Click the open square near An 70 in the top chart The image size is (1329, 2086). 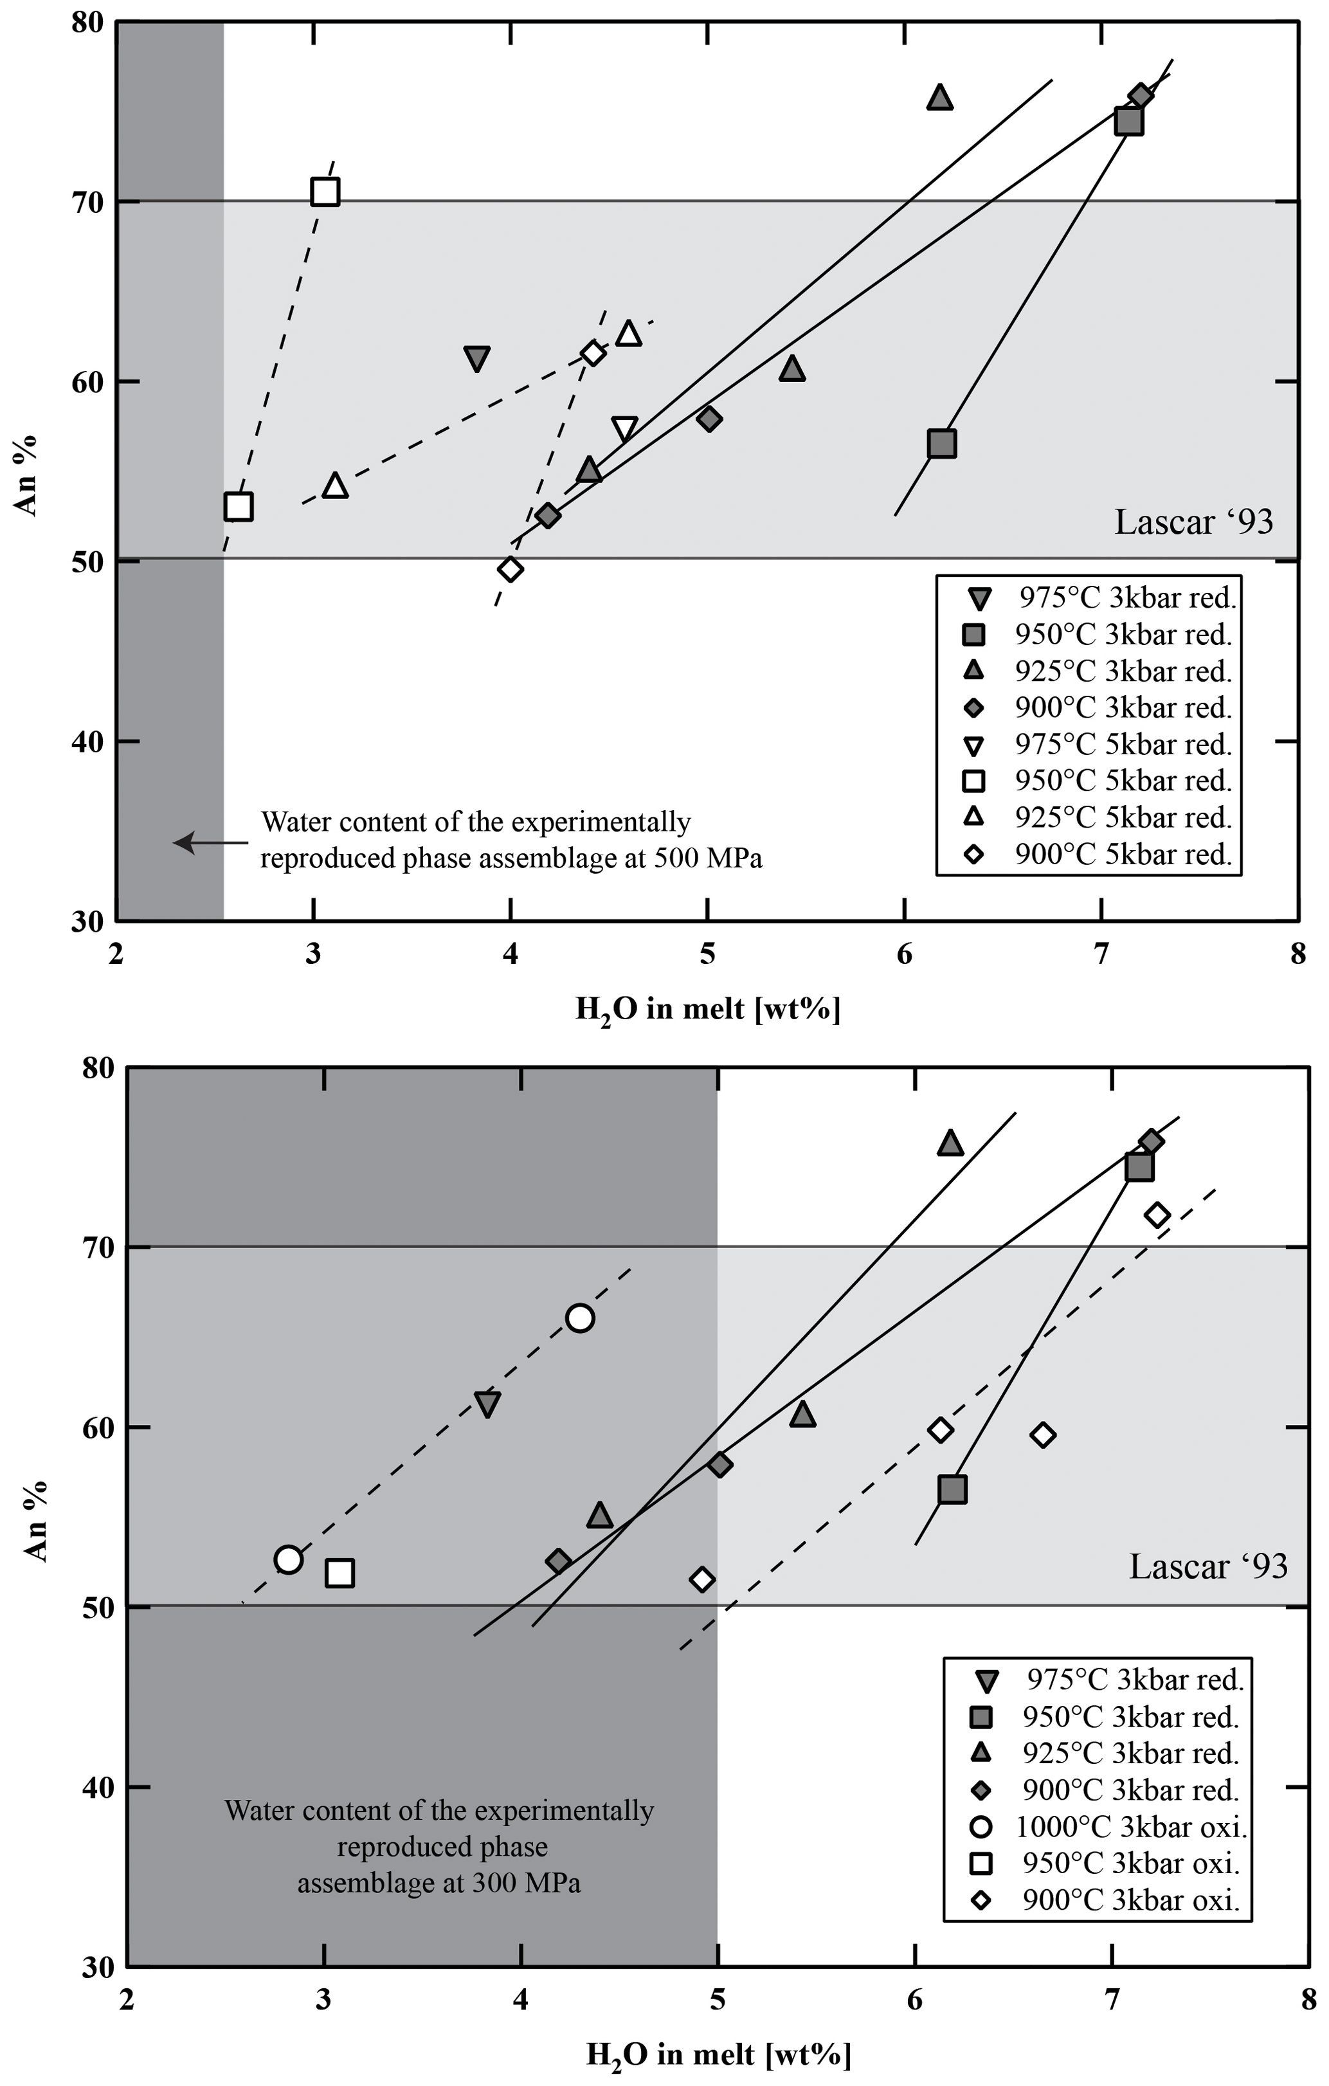(325, 192)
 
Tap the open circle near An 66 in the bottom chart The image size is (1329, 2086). (579, 1318)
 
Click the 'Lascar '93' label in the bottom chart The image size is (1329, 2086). (1207, 1565)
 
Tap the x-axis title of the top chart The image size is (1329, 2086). (708, 1009)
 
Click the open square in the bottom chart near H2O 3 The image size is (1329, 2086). (339, 1572)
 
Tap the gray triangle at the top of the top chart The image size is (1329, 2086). (940, 98)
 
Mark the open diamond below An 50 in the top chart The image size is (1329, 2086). (511, 569)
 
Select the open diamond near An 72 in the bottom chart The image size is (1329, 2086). (1157, 1215)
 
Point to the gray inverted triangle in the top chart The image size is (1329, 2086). (476, 358)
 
